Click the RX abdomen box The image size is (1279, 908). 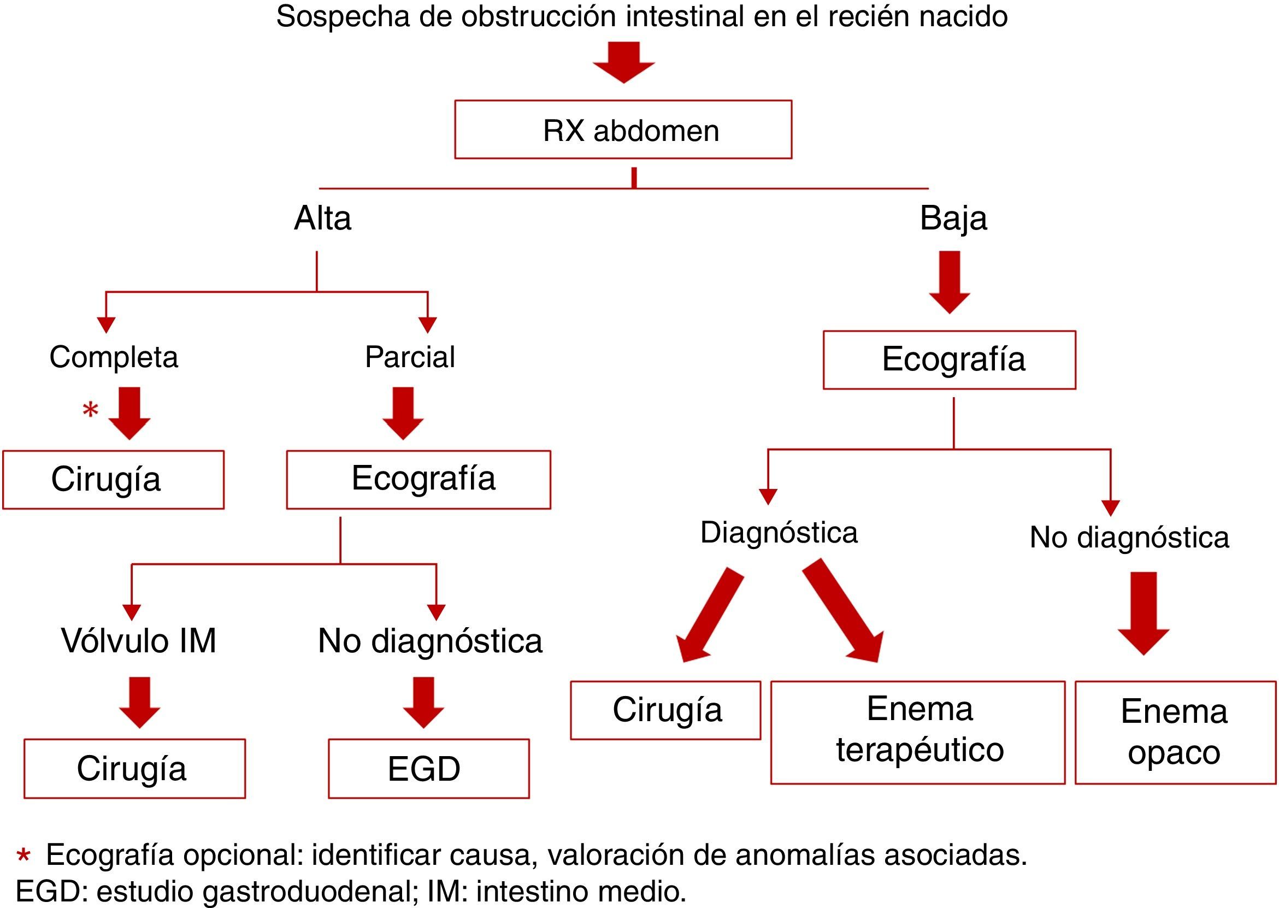pos(623,129)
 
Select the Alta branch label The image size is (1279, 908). pos(322,218)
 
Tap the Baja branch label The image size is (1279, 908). pos(953,218)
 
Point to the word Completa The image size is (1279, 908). pos(114,357)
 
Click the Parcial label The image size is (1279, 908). pos(410,357)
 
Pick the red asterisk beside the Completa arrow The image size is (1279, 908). pos(90,410)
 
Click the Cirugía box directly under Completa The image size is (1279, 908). pos(114,479)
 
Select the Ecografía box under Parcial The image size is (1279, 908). pos(418,479)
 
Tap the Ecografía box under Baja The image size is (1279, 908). pos(949,359)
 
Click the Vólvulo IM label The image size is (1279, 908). pos(139,641)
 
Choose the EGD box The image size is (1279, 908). pos(428,768)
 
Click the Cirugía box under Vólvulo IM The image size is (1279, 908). pos(134,768)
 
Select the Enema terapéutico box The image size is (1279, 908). pos(917,732)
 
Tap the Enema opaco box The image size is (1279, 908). pos(1175,732)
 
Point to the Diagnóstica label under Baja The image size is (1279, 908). pos(779,532)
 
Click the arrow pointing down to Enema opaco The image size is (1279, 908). pos(1143,612)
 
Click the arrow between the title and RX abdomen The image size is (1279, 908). pos(623,62)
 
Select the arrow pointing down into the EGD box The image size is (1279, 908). pos(423,702)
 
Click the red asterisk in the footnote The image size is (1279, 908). pos(23,856)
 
